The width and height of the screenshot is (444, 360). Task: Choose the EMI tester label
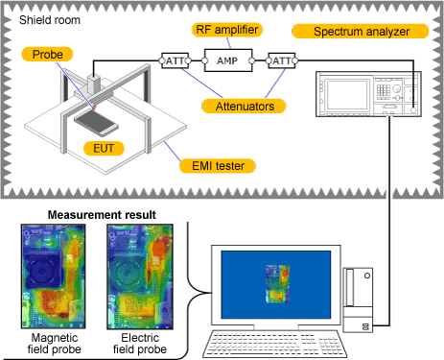pos(217,166)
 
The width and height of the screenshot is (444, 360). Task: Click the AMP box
pos(226,60)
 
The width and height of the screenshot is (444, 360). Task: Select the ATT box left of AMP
pos(176,60)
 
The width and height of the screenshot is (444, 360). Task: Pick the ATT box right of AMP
pos(280,60)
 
